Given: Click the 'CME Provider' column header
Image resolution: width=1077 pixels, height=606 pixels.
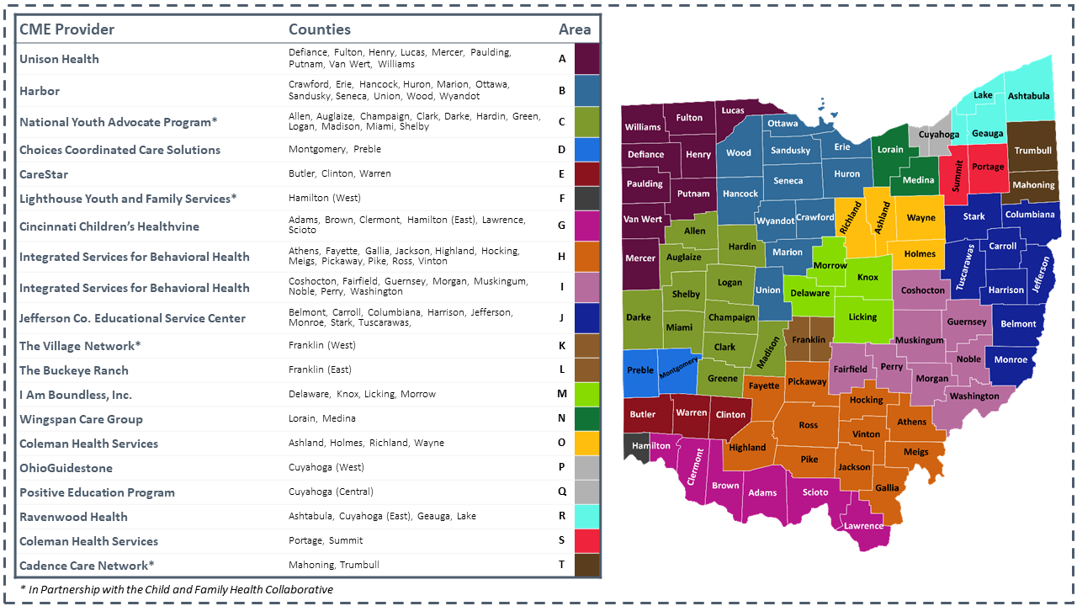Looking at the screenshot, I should pyautogui.click(x=66, y=29).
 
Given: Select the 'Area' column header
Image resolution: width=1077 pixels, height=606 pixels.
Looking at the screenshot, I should pyautogui.click(x=575, y=29).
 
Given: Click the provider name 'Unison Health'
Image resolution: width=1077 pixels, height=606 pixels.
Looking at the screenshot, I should pyautogui.click(x=59, y=59).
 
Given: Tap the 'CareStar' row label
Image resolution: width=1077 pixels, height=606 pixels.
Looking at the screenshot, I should pyautogui.click(x=44, y=174).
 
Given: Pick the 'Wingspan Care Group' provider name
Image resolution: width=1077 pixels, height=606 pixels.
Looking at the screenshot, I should pyautogui.click(x=81, y=419).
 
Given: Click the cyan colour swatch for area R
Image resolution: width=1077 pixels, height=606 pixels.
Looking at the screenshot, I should pyautogui.click(x=586, y=517).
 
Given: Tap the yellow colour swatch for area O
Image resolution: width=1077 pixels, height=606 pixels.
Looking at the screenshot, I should pyautogui.click(x=586, y=444).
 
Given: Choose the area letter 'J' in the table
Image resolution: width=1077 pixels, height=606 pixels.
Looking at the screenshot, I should pyautogui.click(x=561, y=318).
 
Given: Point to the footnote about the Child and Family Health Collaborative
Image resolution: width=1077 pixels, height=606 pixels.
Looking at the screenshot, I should pyautogui.click(x=177, y=589).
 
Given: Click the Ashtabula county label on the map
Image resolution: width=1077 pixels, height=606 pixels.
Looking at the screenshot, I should pyautogui.click(x=1028, y=96).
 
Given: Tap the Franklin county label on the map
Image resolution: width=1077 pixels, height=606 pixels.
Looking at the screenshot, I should pyautogui.click(x=809, y=340).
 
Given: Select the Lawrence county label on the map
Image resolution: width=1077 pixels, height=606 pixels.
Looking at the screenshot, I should pyautogui.click(x=863, y=526).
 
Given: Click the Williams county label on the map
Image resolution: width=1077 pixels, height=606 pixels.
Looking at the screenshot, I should pyautogui.click(x=642, y=127).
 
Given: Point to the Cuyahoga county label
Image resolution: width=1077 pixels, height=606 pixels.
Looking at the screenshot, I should pyautogui.click(x=938, y=134).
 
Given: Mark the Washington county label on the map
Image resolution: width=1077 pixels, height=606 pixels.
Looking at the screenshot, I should pyautogui.click(x=974, y=396).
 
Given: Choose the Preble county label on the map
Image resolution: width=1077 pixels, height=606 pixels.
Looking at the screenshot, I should pyautogui.click(x=639, y=370).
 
